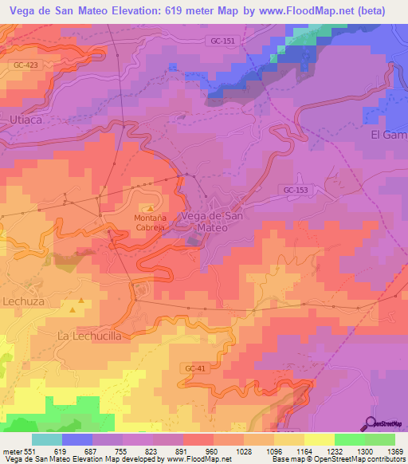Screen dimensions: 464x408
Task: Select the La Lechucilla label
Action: coord(89,336)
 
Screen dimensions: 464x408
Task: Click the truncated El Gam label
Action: coord(389,135)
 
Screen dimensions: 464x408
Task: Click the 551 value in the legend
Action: coord(25,450)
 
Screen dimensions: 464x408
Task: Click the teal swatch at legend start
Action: coord(47,439)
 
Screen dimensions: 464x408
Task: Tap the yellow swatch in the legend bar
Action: coord(320,439)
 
